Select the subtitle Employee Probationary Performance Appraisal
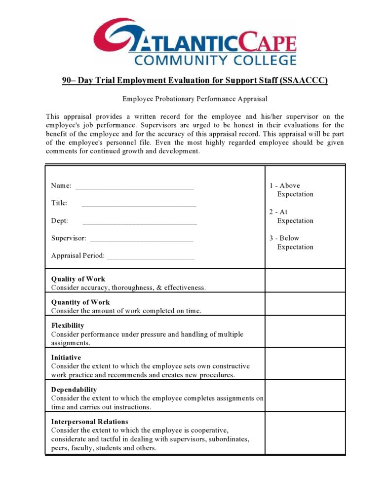point(195,99)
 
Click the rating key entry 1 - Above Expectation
point(291,190)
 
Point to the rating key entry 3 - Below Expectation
point(291,243)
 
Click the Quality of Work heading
point(78,279)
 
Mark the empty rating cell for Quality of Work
point(305,281)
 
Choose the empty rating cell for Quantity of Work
point(305,304)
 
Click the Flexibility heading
point(68,325)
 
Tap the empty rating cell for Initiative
point(305,363)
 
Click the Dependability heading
point(74,390)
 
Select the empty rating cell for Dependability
point(305,396)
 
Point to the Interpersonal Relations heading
point(89,422)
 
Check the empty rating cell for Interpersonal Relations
point(305,433)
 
